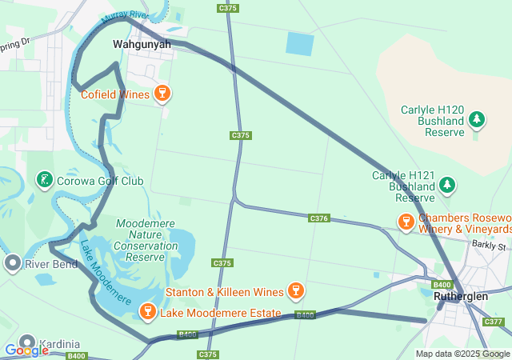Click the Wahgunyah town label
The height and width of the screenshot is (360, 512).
[x=142, y=44]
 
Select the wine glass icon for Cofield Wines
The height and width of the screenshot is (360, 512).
[x=162, y=94]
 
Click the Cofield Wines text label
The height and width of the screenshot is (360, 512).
[x=115, y=94]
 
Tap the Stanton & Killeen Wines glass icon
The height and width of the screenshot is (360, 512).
[x=295, y=290]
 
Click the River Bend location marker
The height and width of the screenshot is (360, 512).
[x=12, y=263]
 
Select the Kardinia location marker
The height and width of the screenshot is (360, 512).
[x=27, y=342]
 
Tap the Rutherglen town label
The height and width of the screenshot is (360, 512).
[x=460, y=296]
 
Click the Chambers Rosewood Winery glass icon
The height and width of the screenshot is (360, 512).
[x=406, y=219]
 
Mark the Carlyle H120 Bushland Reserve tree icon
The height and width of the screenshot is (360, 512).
[x=477, y=120]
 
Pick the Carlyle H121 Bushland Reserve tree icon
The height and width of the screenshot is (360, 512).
[x=447, y=186]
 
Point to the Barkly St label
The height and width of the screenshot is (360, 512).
[x=489, y=246]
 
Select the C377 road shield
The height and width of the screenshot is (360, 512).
[x=494, y=322]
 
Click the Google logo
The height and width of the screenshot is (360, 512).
[x=26, y=350]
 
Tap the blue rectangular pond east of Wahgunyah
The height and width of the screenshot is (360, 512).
[x=300, y=43]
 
